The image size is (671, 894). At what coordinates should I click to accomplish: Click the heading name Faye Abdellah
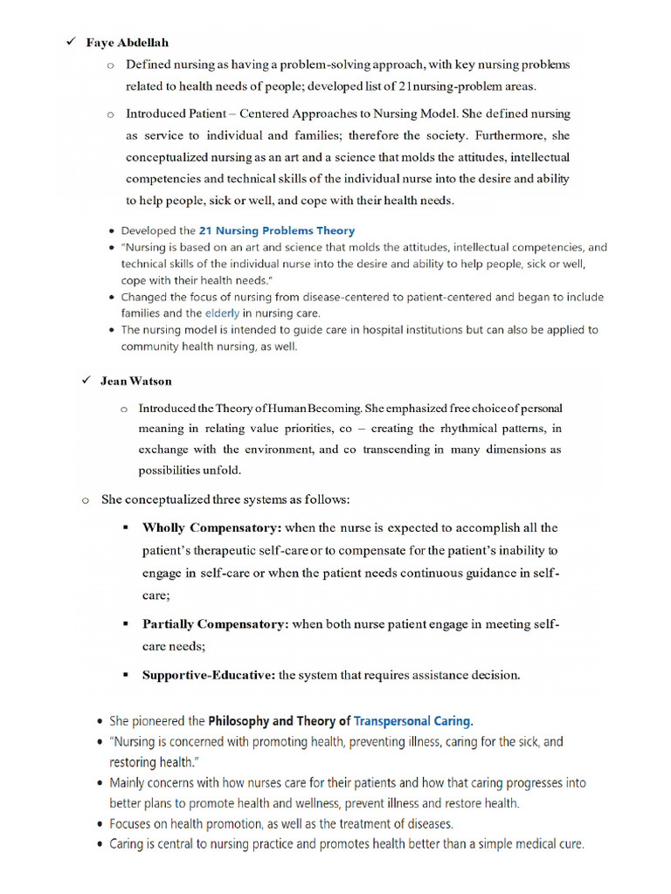127,43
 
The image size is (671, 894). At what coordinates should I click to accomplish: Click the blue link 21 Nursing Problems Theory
277,230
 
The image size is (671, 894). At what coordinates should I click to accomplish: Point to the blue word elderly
222,313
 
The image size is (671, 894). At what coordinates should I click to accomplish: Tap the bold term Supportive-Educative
209,675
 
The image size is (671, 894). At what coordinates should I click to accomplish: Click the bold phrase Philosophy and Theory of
279,721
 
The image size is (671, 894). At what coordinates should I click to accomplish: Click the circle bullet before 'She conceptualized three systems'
86,500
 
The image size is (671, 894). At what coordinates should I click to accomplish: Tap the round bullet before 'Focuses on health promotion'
98,823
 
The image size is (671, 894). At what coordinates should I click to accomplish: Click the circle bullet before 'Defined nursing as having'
110,65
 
